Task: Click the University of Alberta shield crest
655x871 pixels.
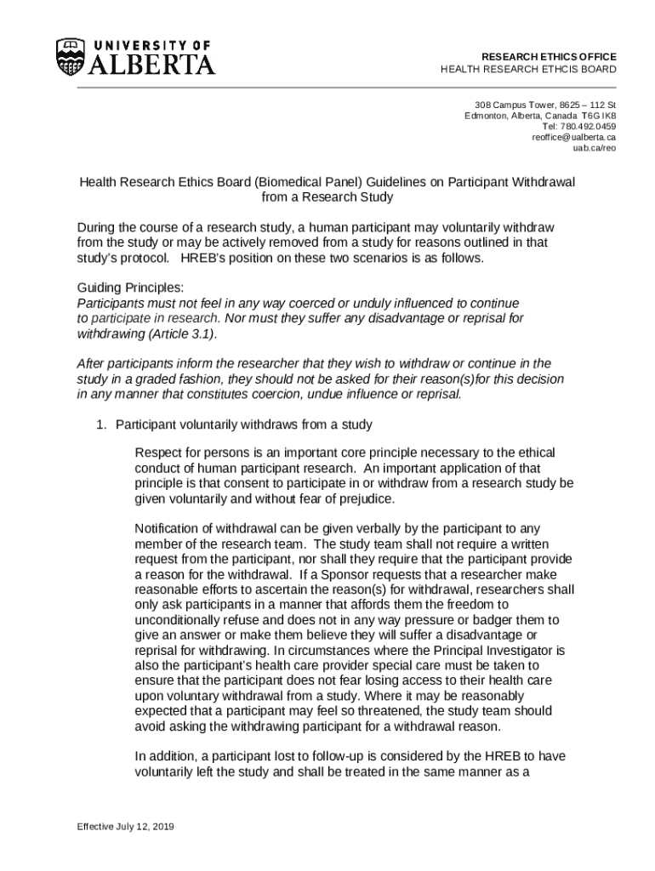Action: point(71,57)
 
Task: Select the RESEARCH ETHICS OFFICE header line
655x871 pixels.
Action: point(549,56)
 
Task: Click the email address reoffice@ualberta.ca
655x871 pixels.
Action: point(574,137)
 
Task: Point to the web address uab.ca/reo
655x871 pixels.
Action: point(594,148)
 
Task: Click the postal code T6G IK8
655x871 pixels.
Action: point(600,116)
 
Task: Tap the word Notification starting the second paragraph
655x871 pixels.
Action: point(168,528)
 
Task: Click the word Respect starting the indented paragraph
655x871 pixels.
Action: point(157,453)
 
